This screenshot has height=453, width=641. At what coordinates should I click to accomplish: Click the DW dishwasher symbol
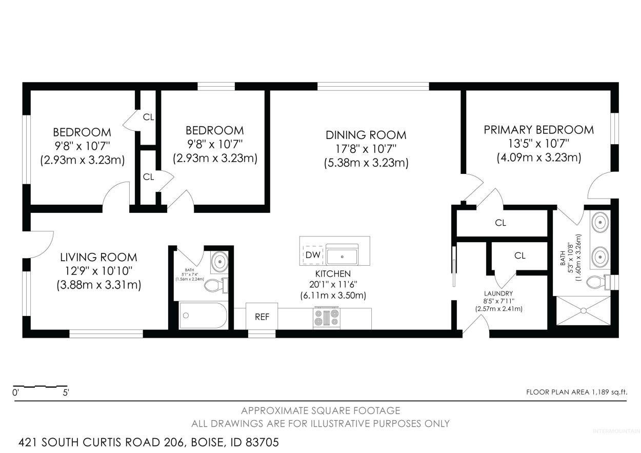pyautogui.click(x=313, y=255)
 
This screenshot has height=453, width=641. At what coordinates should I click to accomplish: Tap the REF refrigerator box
pyautogui.click(x=262, y=317)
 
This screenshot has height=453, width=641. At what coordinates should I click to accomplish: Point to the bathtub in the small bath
pyautogui.click(x=203, y=316)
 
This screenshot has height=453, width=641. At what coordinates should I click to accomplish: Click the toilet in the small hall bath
pyautogui.click(x=216, y=285)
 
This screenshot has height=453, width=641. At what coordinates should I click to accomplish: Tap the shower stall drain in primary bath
pyautogui.click(x=584, y=311)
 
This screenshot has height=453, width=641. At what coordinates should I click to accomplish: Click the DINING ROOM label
pyautogui.click(x=366, y=135)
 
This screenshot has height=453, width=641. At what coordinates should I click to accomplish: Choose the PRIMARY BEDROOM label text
pyautogui.click(x=539, y=130)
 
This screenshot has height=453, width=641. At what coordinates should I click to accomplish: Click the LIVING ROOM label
pyautogui.click(x=99, y=257)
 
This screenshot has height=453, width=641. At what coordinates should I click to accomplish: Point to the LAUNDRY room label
pyautogui.click(x=498, y=293)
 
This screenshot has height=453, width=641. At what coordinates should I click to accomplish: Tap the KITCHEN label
pyautogui.click(x=333, y=274)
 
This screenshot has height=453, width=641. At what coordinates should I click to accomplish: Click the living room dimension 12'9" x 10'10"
pyautogui.click(x=99, y=270)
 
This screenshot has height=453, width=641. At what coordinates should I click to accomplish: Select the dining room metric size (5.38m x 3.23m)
pyautogui.click(x=366, y=163)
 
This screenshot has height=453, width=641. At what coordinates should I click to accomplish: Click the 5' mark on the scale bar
pyautogui.click(x=66, y=392)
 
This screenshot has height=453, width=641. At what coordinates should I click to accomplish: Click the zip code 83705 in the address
pyautogui.click(x=262, y=442)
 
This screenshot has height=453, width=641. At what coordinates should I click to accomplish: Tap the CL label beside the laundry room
pyautogui.click(x=519, y=255)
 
